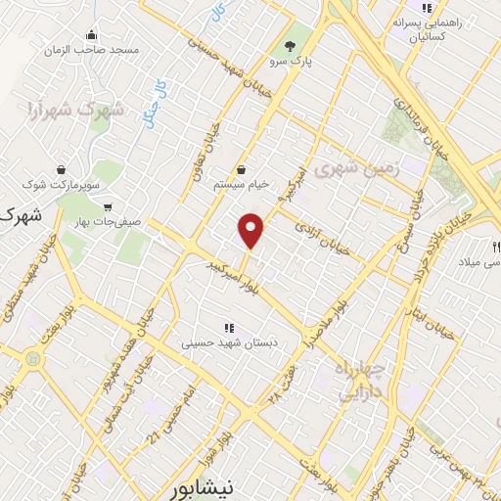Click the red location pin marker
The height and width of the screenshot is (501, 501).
tap(251, 230)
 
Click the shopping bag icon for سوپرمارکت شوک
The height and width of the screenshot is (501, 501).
tap(62, 167)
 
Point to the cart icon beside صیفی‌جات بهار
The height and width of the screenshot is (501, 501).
tap(107, 207)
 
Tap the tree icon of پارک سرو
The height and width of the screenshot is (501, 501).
tap(289, 46)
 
